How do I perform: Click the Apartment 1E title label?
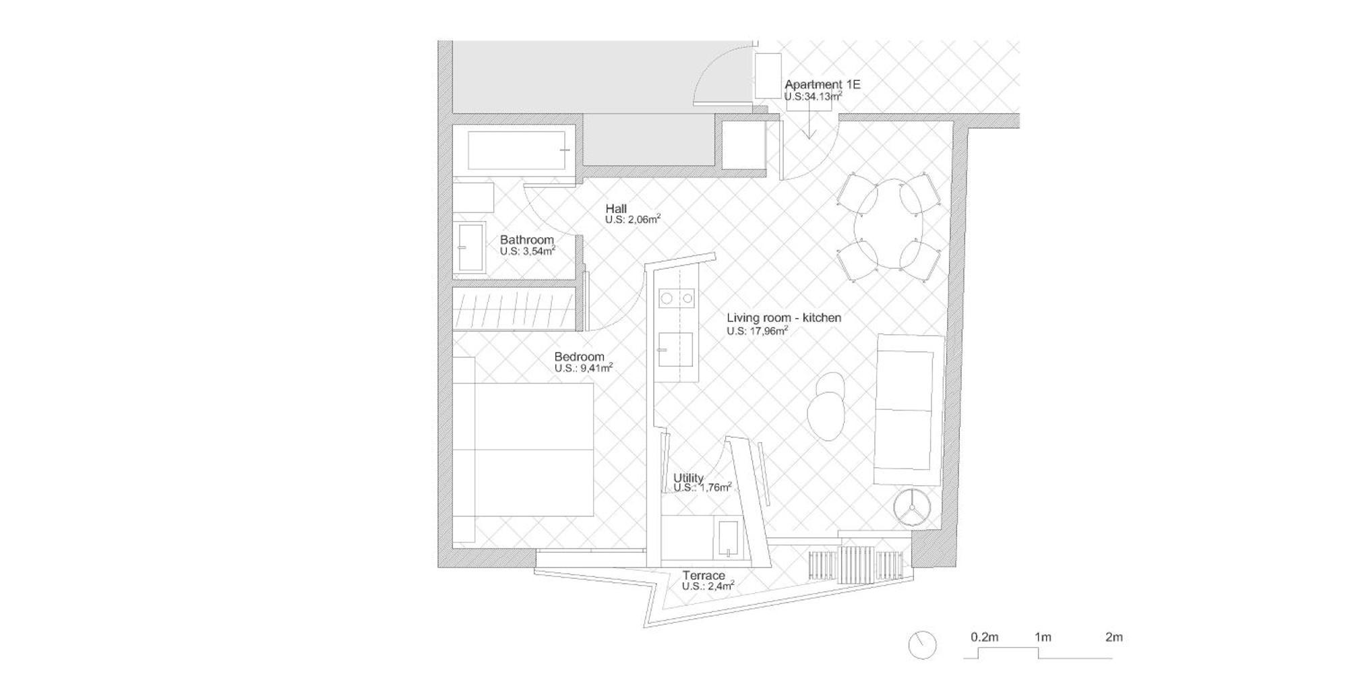tap(822, 85)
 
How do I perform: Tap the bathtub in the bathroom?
tap(517, 150)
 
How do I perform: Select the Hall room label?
tap(616, 209)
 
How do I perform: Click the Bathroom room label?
tap(527, 240)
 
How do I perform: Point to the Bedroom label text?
tap(580, 357)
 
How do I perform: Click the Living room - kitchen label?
tap(784, 317)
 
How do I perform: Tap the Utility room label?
tap(688, 478)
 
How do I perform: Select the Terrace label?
tap(704, 576)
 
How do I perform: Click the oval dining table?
tap(890, 223)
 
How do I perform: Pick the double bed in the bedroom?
tap(523, 450)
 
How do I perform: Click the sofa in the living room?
tap(909, 410)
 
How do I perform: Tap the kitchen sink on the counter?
tap(676, 349)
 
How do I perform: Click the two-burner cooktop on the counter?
tap(677, 297)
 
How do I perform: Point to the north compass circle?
tap(922, 645)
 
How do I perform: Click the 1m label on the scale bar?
tap(1043, 637)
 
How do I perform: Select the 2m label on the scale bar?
tap(1114, 637)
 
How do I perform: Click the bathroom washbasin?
tap(471, 247)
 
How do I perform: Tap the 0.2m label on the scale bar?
tap(984, 637)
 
